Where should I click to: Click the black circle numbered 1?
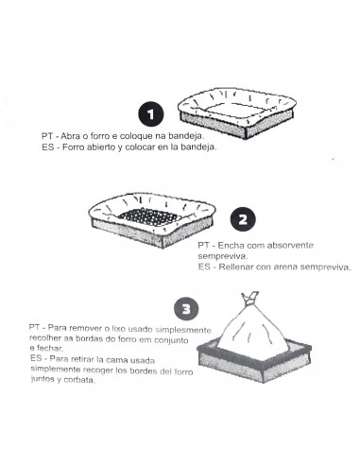point(151,114)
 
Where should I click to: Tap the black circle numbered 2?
point(243,219)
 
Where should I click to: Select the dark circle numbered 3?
point(186,309)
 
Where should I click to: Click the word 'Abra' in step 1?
point(70,136)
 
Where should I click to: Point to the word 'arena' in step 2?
point(285,267)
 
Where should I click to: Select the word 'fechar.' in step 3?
point(49,349)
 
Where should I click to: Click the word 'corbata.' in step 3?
point(79,380)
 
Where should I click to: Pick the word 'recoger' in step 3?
point(97,370)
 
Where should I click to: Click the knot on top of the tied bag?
point(250,298)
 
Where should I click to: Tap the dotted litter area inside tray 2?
point(150,216)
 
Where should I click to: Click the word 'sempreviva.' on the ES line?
point(325,267)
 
